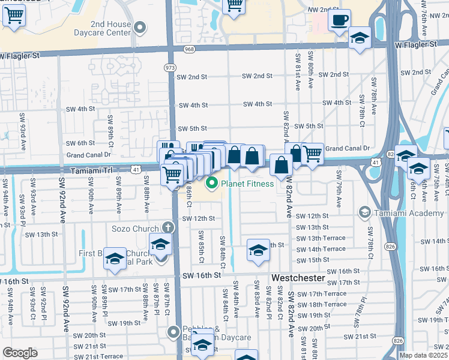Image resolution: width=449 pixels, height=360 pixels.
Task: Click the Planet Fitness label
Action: pyautogui.click(x=247, y=184)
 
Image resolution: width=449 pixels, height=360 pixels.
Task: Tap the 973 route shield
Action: pyautogui.click(x=170, y=68)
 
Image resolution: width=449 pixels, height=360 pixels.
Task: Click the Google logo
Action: pyautogui.click(x=20, y=352)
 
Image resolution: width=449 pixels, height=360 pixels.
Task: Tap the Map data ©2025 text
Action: pyautogui.click(x=423, y=355)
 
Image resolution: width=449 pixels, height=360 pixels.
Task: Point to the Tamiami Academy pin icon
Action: pyautogui.click(x=364, y=212)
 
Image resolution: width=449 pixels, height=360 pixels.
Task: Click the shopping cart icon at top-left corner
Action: pyautogui.click(x=14, y=17)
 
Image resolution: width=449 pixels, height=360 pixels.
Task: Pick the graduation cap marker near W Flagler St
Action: pyautogui.click(x=360, y=38)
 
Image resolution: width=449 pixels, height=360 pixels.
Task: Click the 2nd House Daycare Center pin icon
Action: pyautogui.click(x=140, y=28)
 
